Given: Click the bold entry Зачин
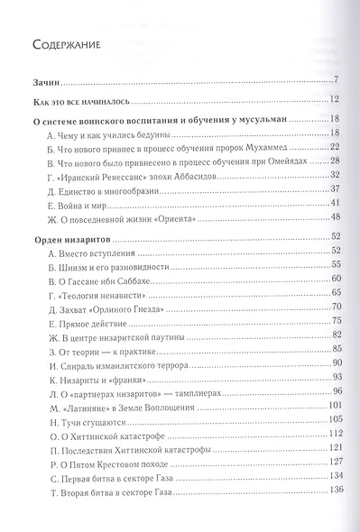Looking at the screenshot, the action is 44,80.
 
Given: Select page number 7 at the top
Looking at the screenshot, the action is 335,80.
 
